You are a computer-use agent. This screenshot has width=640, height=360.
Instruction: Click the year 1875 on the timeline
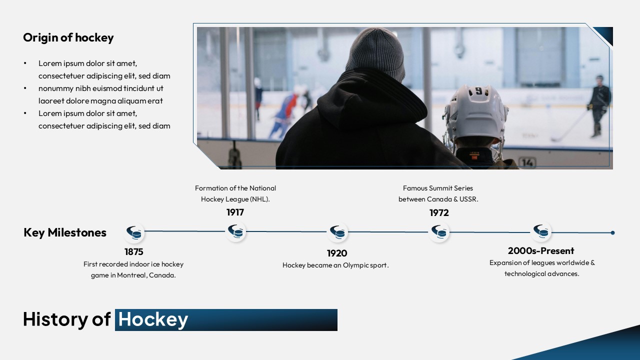point(133,251)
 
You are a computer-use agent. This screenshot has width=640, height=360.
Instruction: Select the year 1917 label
point(235,212)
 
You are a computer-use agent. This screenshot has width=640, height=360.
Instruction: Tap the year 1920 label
point(337,253)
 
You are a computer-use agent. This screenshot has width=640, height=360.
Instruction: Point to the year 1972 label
point(439,212)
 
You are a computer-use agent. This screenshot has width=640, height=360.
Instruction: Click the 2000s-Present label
point(541,251)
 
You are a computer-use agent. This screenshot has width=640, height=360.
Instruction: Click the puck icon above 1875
point(134,232)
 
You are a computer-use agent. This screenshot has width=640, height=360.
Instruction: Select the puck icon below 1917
point(235,231)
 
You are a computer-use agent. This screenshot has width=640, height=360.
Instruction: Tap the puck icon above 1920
point(337,232)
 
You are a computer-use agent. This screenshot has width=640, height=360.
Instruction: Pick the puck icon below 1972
point(439,232)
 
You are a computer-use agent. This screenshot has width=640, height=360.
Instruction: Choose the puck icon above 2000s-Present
point(541,231)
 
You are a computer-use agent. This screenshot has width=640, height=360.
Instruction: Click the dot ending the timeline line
point(612,233)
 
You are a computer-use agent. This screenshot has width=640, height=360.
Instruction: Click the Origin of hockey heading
point(68,37)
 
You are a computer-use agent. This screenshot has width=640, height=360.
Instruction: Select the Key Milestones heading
point(65,232)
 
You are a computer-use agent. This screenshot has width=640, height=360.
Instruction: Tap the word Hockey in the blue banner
point(153,319)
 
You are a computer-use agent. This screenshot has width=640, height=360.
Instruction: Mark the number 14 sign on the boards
point(527,162)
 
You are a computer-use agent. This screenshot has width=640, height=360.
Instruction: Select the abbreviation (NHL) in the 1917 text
point(259,199)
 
